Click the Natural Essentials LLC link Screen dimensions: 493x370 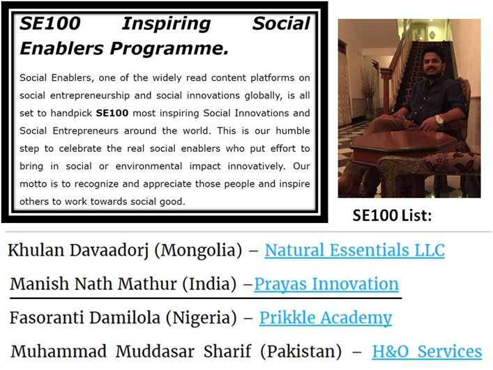point(355,250)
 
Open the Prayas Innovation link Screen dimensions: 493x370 point(326,284)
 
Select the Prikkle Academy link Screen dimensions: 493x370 point(326,318)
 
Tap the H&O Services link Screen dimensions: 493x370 point(427,351)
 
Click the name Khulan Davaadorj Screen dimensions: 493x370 point(78,251)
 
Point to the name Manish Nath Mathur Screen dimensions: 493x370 point(93,284)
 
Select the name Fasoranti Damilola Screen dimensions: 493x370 point(85,318)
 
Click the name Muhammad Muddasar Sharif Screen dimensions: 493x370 point(131,351)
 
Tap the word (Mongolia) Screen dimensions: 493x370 point(198,251)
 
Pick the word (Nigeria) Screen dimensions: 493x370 point(202,318)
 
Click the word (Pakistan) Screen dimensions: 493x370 point(301,351)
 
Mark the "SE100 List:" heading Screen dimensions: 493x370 point(392,215)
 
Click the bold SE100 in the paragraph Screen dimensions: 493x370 point(112,113)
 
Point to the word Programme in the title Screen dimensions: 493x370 point(169,49)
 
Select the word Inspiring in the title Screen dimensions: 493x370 point(167,24)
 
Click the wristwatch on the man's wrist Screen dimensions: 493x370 point(439,120)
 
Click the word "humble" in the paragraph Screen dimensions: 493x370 point(293,131)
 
